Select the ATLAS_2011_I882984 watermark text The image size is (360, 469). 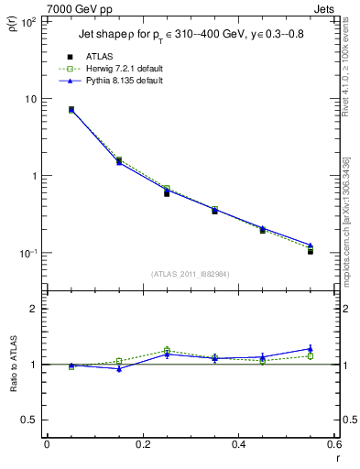(x=190, y=273)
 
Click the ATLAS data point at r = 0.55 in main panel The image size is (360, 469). (x=311, y=250)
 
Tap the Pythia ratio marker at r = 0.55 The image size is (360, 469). (x=311, y=348)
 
